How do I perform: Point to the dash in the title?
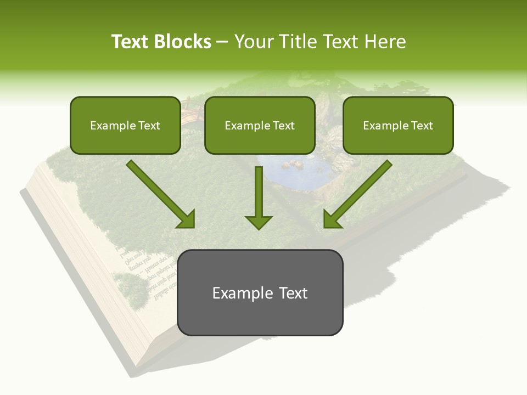click(222, 42)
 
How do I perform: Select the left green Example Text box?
click(125, 125)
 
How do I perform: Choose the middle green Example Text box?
click(260, 125)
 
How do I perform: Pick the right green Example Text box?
click(398, 125)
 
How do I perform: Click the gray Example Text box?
click(260, 292)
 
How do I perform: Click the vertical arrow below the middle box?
click(259, 195)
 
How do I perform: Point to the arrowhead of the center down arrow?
click(259, 222)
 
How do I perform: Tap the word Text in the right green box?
click(422, 126)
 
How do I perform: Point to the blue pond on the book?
click(291, 170)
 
